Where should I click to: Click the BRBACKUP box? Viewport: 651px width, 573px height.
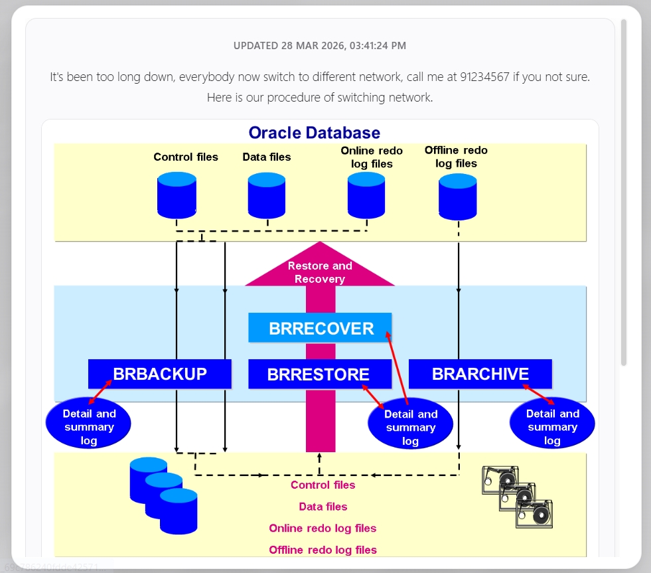(160, 374)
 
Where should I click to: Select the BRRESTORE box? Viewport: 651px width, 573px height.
(319, 374)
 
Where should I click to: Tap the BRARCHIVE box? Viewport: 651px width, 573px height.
(480, 374)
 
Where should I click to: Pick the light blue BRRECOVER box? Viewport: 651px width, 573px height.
(321, 329)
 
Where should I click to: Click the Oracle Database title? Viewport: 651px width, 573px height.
(314, 133)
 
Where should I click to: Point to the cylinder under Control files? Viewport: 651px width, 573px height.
(177, 195)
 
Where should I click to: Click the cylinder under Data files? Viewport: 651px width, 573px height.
(267, 195)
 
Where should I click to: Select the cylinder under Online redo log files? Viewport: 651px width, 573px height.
(366, 195)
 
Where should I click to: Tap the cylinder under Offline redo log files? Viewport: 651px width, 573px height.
(458, 197)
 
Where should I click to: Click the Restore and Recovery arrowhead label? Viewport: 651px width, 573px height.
(320, 272)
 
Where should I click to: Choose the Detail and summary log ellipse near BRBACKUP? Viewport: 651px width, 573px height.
(89, 427)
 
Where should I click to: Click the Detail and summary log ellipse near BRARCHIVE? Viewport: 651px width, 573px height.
(552, 427)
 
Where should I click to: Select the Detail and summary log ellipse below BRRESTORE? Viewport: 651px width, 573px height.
(411, 428)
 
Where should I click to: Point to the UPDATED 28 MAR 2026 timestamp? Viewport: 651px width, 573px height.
(320, 46)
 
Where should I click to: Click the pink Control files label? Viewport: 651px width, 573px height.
(323, 485)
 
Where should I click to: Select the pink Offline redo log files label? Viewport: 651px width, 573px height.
(323, 550)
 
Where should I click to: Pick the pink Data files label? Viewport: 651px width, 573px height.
(323, 507)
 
